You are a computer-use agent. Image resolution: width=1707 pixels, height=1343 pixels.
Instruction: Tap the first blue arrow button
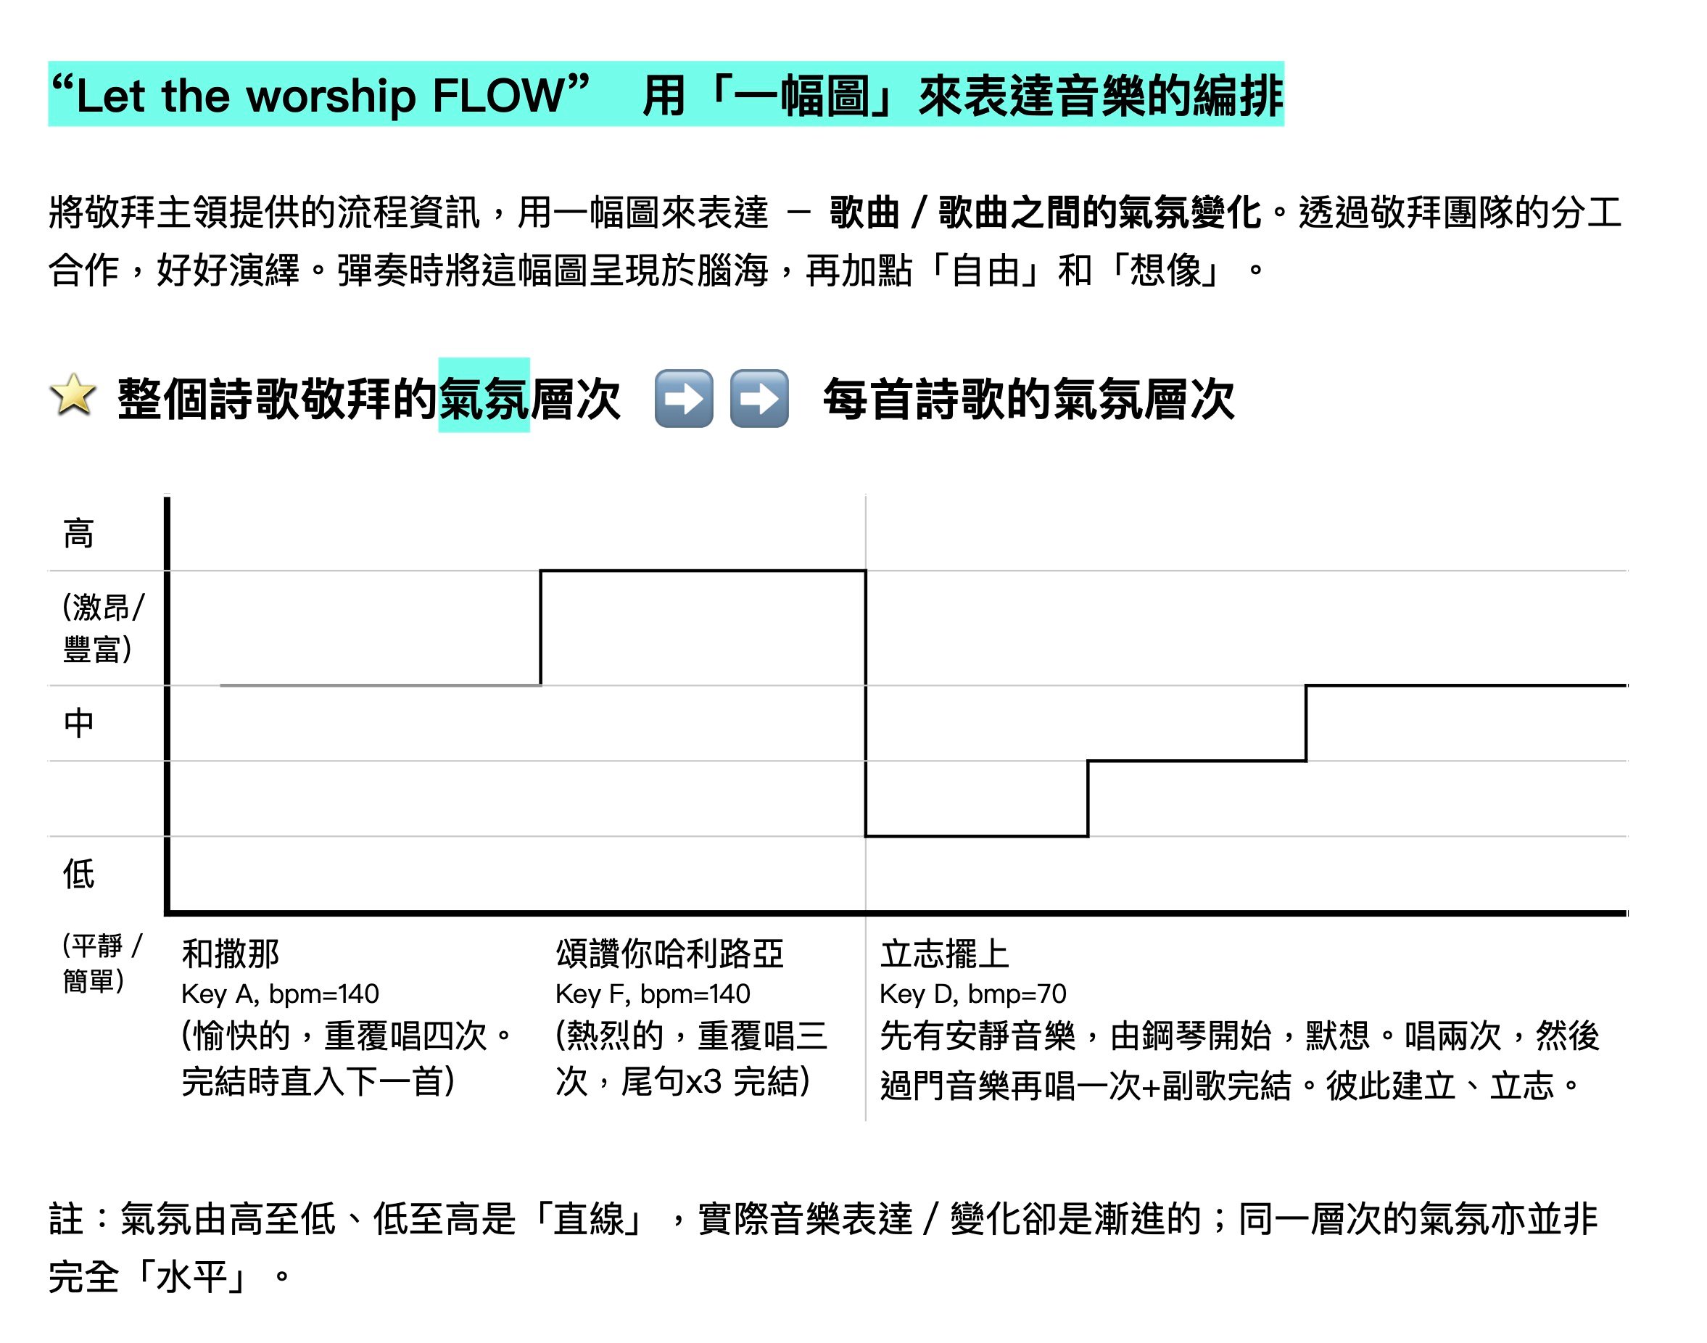[683, 398]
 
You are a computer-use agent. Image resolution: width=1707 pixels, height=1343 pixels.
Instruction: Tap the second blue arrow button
[759, 398]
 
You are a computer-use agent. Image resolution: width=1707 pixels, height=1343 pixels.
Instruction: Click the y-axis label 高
[78, 534]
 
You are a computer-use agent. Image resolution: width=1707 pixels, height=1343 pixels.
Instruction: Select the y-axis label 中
[78, 722]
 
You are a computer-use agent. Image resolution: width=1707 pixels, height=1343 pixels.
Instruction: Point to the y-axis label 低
[78, 874]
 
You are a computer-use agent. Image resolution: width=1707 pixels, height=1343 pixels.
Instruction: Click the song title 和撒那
[231, 954]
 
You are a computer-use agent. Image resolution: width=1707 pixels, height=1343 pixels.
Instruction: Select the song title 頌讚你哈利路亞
[669, 954]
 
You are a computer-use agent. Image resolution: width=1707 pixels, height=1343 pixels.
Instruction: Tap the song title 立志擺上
[944, 954]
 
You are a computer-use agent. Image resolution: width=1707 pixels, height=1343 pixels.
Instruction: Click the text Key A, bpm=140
[280, 994]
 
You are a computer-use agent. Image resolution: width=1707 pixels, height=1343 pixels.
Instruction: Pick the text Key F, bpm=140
[653, 994]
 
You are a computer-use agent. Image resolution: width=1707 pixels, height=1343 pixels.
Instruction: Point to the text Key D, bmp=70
[972, 994]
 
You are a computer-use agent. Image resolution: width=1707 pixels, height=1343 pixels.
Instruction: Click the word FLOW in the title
[498, 96]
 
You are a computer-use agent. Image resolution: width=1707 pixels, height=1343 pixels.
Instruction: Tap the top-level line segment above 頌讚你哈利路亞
[703, 571]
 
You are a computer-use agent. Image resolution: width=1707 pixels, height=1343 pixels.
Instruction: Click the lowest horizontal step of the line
[977, 836]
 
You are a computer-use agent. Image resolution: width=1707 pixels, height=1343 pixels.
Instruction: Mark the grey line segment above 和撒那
[381, 685]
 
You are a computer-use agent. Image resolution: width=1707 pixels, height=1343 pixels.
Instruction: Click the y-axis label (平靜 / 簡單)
[100, 963]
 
